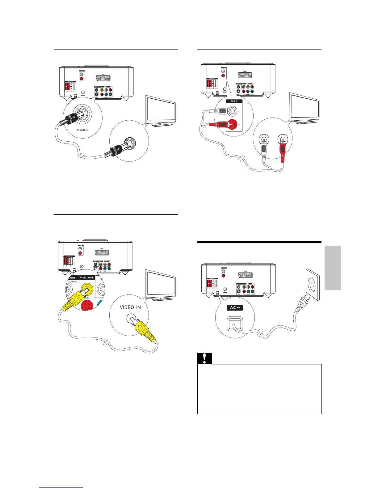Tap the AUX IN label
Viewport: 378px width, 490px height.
[234, 101]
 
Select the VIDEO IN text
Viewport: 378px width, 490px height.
[130, 307]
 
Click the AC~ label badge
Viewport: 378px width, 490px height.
[235, 307]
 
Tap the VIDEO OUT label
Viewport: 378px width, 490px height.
[86, 277]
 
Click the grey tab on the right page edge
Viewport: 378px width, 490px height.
[333, 268]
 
